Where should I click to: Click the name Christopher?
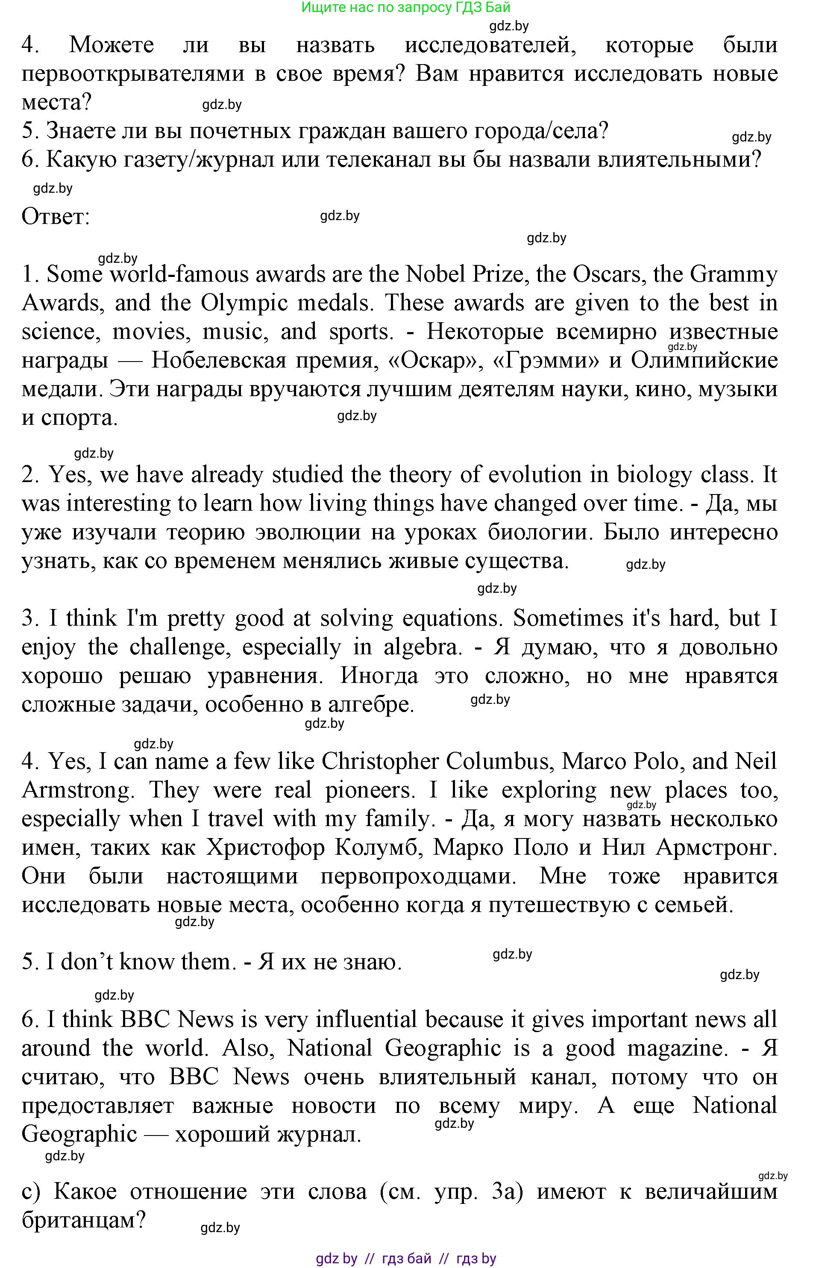[x=380, y=762]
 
